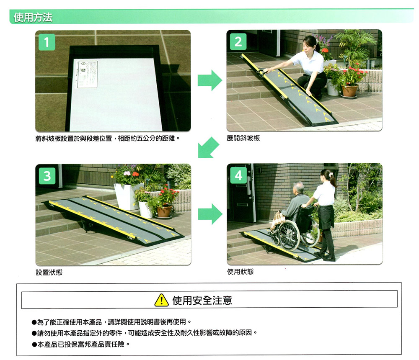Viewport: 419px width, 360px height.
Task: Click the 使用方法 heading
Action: (x=33, y=17)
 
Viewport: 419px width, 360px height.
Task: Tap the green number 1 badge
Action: (x=47, y=42)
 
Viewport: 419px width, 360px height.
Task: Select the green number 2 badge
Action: (x=238, y=42)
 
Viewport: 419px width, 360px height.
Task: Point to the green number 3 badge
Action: (x=47, y=176)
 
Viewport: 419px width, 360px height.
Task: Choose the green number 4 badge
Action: (x=238, y=175)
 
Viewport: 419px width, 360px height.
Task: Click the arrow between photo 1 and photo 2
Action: (x=210, y=80)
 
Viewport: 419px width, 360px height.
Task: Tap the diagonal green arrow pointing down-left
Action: (x=208, y=148)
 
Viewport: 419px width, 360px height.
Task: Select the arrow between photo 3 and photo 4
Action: (x=210, y=214)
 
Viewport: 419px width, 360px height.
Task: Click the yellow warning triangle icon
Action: (x=161, y=300)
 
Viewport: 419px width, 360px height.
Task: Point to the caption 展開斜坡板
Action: (x=243, y=138)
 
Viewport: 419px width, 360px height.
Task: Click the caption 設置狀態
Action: (x=49, y=272)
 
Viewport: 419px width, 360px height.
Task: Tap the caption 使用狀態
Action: (x=240, y=272)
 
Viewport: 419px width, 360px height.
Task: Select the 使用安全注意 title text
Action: (x=202, y=301)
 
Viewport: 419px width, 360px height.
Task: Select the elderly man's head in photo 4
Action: (x=298, y=188)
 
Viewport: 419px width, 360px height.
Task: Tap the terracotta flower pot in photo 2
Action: (x=349, y=91)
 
